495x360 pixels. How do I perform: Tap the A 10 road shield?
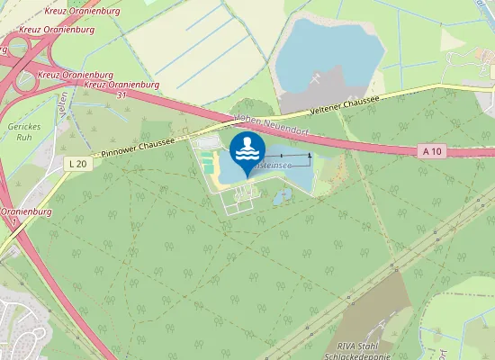(433, 153)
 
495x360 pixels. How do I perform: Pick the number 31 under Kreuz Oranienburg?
(121, 94)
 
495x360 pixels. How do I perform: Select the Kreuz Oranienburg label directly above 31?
(121, 85)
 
